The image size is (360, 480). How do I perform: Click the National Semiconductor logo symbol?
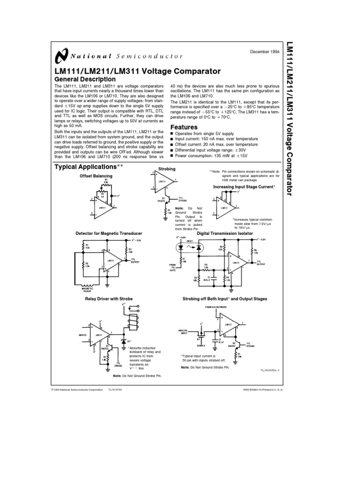pos(61,56)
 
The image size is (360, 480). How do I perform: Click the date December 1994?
pos(257,52)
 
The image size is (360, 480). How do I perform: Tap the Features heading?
pos(183,127)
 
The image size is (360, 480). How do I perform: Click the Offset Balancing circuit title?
pos(96,175)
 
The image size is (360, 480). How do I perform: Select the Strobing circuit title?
pos(167,168)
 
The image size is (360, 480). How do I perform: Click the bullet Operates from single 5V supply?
pos(204,133)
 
